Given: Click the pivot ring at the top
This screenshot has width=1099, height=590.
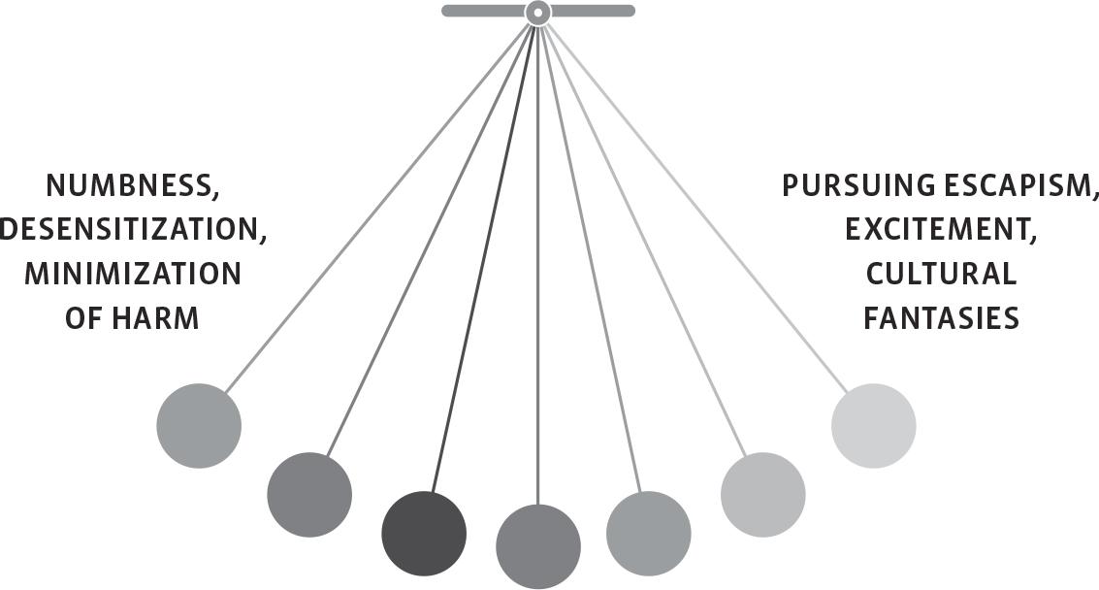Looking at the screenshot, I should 537,13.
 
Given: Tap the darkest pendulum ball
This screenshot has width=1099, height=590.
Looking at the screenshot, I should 424,534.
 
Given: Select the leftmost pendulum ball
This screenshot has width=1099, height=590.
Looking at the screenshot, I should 199,426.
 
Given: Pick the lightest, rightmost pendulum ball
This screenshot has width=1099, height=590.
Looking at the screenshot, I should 874,426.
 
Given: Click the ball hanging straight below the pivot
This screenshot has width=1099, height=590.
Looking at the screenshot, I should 538,546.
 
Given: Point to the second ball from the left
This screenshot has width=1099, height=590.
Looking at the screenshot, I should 309,495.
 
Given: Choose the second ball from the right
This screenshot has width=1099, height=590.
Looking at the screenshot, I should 763,495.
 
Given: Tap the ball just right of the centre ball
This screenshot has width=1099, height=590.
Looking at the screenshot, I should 649,534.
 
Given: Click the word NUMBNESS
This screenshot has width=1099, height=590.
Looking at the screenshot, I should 124,185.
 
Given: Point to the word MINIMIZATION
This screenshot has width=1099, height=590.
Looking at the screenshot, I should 132,275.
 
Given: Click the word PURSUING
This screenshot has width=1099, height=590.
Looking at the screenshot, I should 845,185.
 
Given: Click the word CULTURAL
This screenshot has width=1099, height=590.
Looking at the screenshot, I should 941,275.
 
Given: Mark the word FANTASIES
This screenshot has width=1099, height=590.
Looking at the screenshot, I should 941,318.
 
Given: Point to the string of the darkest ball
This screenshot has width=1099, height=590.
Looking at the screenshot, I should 481,262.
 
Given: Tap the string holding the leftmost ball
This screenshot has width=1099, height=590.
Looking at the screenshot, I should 378,204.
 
